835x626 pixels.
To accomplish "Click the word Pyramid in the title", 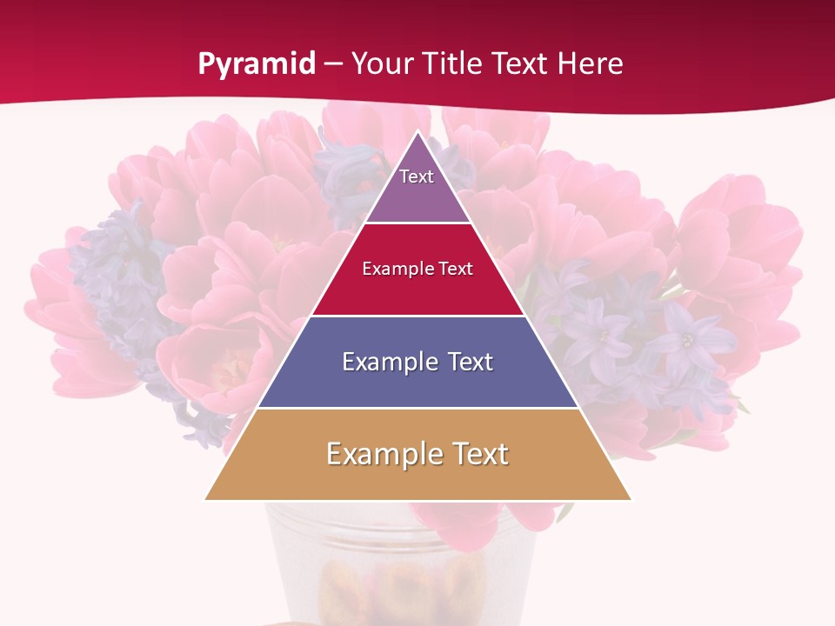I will click(x=257, y=64).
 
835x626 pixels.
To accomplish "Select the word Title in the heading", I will click(x=451, y=64).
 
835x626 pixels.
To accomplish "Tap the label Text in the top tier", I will click(x=417, y=176).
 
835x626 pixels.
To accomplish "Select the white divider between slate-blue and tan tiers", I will click(x=417, y=408).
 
